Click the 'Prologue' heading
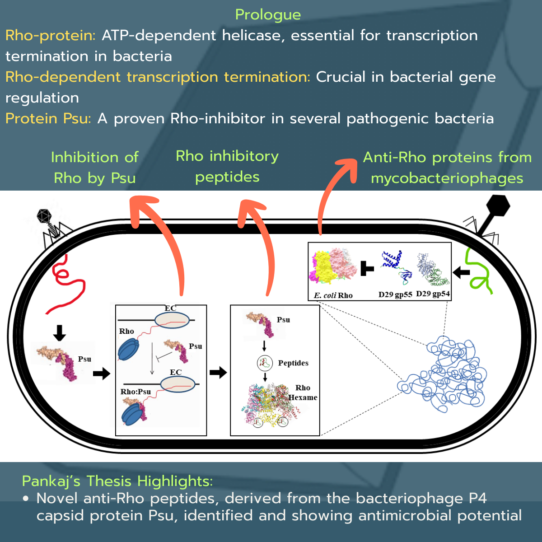268,14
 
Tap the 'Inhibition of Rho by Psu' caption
95,168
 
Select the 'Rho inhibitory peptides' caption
227,166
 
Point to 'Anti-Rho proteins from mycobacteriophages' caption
447,168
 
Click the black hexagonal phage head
496,206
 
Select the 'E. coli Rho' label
333,295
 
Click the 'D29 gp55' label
395,294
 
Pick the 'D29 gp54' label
433,294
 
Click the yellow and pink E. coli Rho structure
332,266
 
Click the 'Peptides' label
293,363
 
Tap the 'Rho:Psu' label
135,392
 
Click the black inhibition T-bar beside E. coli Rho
367,270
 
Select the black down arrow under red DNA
59,333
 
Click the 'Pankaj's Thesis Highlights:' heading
117,481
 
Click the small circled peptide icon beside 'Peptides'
265,363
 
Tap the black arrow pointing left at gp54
461,272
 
